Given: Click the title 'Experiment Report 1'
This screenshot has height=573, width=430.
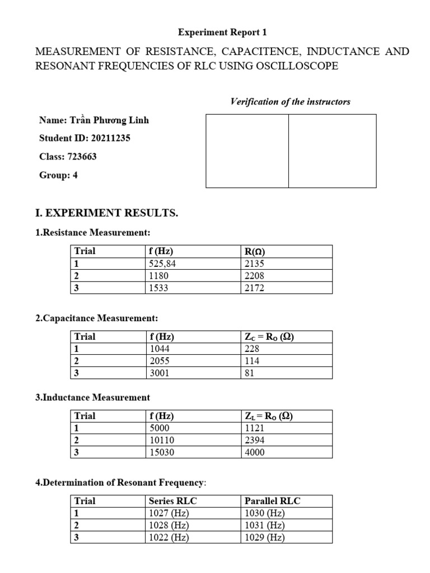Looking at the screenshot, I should click(219, 32).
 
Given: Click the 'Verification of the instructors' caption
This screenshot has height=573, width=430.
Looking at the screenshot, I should click(290, 101).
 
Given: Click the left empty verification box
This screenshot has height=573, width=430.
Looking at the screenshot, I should click(247, 151).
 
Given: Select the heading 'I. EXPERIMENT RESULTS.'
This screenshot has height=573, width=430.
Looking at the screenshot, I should click(106, 213).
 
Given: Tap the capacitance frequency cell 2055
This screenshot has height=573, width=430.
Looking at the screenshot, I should click(159, 361).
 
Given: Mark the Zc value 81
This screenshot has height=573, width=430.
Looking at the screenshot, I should click(250, 373).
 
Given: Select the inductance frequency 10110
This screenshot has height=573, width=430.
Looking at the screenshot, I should click(161, 440).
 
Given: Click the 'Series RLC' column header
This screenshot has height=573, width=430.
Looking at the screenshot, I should click(172, 501).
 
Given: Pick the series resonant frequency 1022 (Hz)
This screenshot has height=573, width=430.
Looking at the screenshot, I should click(169, 538).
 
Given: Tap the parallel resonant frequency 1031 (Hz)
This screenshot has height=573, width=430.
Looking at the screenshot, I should click(265, 525).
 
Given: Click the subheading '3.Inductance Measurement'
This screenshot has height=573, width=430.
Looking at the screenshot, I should click(92, 397).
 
